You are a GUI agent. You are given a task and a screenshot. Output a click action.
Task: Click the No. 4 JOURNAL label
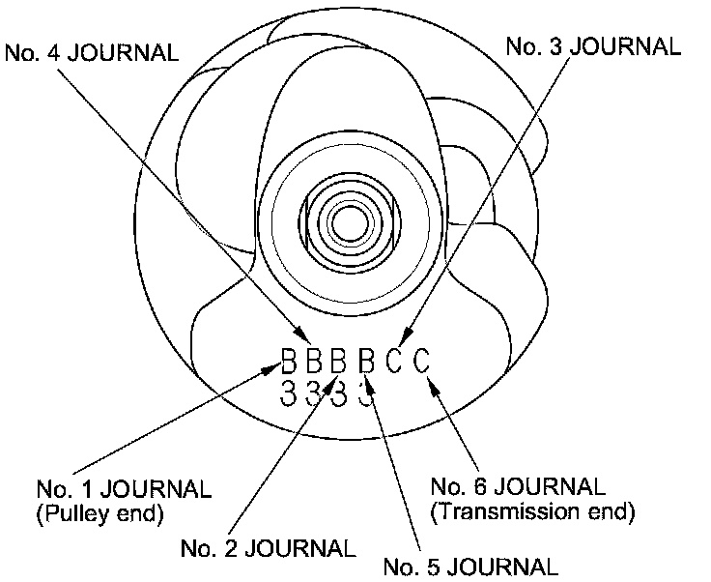(x=92, y=53)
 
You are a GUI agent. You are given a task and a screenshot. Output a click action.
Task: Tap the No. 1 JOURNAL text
(x=124, y=487)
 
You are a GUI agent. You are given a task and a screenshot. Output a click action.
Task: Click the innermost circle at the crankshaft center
(x=345, y=223)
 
